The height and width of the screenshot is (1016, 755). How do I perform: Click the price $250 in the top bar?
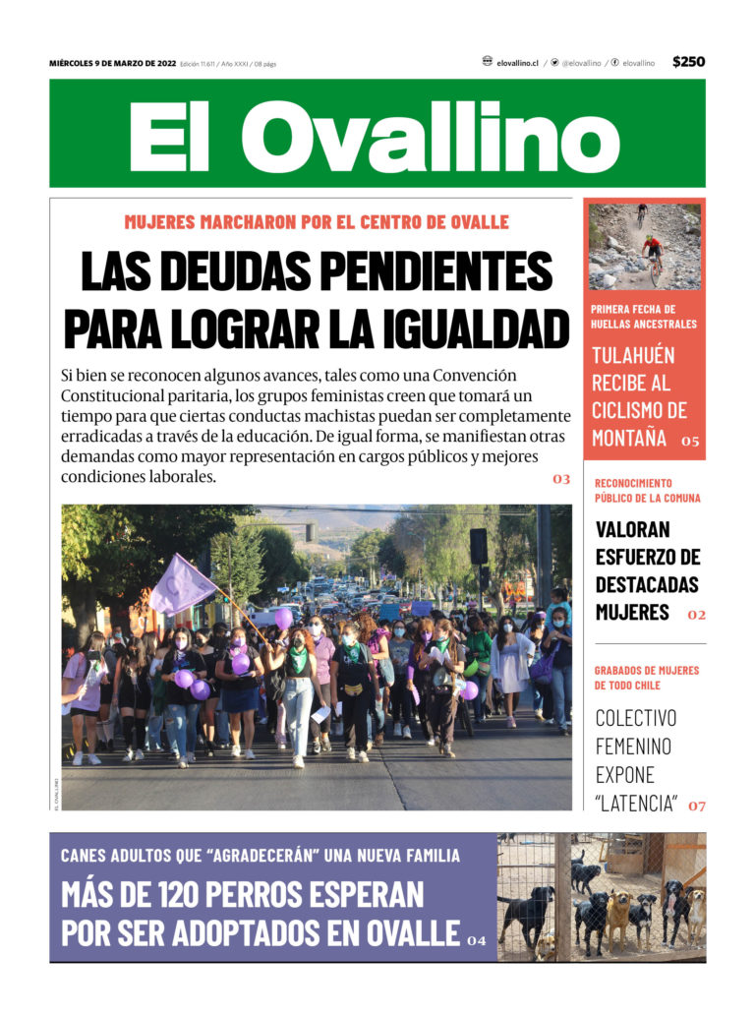688,62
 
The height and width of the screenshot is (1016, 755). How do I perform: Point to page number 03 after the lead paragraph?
561,480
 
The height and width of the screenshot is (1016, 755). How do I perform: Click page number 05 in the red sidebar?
690,442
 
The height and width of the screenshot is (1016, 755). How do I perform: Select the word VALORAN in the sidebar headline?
633,529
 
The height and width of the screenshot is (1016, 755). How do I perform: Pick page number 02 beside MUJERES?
696,615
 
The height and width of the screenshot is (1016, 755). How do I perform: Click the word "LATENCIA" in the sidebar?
636,804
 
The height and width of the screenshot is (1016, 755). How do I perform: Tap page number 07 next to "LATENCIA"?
696,807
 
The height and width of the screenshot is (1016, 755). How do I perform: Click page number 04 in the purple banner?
477,941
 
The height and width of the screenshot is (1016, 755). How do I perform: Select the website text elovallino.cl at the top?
517,63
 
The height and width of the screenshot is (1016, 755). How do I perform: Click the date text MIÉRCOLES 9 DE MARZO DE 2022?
112,64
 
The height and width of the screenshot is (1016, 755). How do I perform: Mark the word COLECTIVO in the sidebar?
636,718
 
